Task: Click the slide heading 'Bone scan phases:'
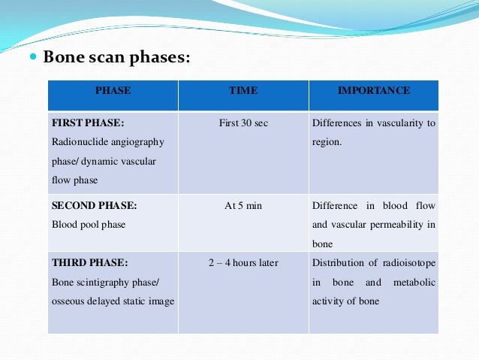click(x=116, y=57)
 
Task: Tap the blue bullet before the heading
click(x=33, y=57)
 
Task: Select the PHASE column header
click(x=113, y=91)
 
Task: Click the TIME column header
click(x=243, y=91)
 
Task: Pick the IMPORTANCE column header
click(x=374, y=91)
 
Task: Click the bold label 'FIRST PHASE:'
click(x=87, y=123)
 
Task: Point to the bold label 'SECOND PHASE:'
click(x=94, y=206)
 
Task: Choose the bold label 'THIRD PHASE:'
click(x=89, y=263)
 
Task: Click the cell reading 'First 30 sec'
click(x=243, y=123)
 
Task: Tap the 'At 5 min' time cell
click(x=243, y=206)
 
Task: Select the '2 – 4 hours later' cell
click(x=243, y=263)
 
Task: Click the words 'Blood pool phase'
click(x=89, y=224)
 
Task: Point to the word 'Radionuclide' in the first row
click(x=79, y=141)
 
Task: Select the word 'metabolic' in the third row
click(x=414, y=283)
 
